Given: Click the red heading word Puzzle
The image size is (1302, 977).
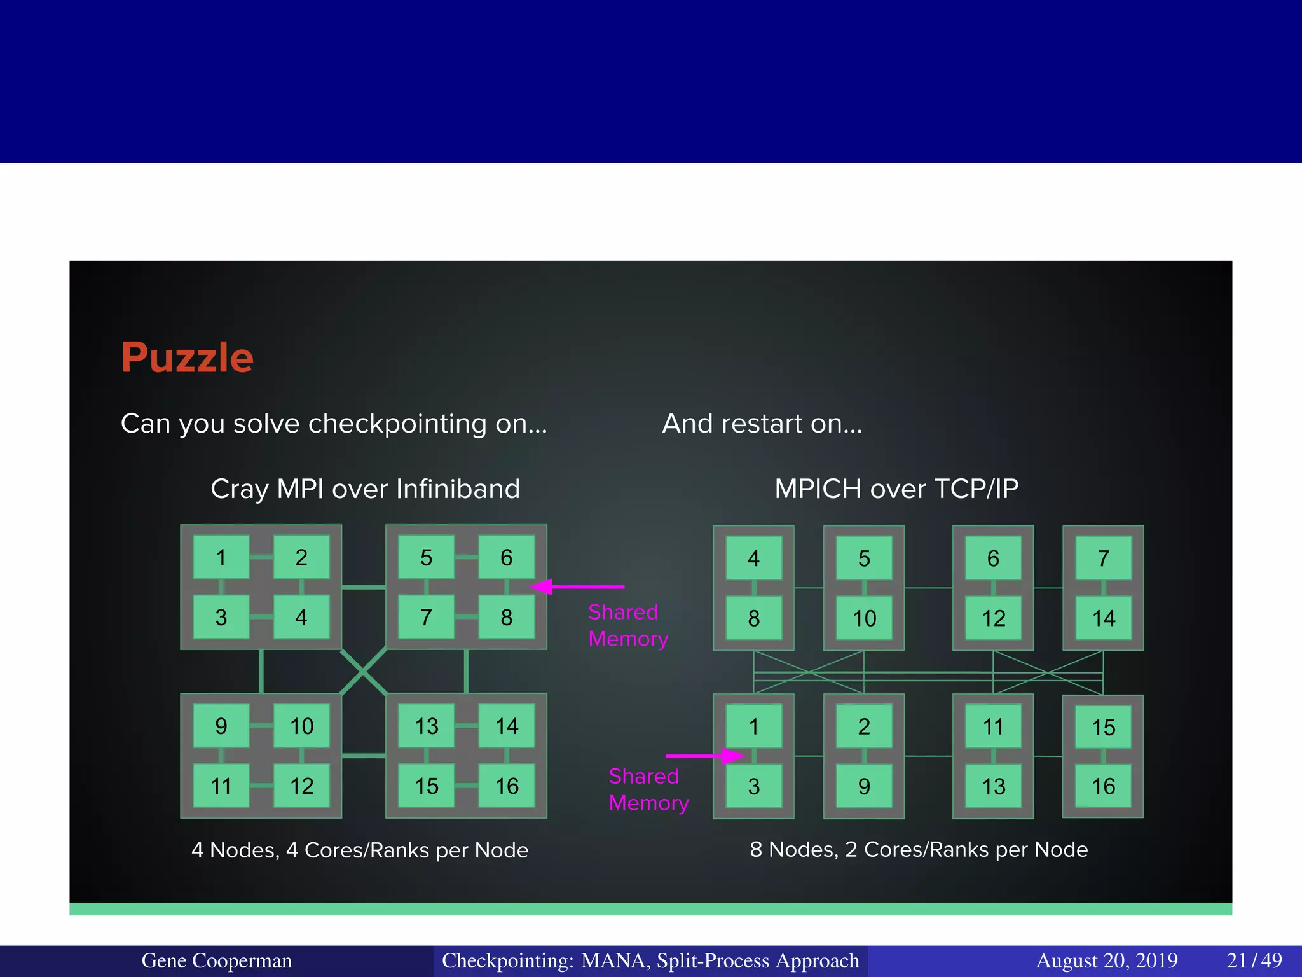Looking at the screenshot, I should click(187, 357).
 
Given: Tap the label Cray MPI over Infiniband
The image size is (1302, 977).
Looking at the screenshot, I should click(365, 488).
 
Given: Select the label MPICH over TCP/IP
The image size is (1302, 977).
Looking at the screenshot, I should click(896, 488).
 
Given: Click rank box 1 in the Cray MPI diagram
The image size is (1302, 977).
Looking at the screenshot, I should click(221, 557).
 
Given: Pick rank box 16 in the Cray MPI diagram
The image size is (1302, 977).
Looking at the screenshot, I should click(507, 786).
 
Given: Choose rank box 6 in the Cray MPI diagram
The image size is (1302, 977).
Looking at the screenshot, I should click(506, 557).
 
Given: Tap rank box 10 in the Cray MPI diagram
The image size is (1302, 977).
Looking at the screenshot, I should click(301, 726).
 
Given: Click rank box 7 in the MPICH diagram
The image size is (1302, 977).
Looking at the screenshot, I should click(1103, 558).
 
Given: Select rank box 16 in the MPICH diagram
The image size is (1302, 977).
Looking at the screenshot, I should click(1103, 786).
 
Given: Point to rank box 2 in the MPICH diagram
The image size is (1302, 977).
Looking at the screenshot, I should click(863, 726).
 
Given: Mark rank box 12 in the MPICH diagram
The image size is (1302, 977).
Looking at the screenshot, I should click(993, 618).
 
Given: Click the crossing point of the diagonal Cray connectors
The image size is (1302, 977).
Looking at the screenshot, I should click(364, 671).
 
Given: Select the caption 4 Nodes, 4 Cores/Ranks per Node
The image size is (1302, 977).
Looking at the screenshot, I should click(360, 850).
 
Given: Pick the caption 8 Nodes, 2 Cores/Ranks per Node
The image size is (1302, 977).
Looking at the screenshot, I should click(919, 849).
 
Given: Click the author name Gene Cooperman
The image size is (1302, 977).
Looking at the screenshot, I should click(217, 960).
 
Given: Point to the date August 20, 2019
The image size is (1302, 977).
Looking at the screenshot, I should click(1107, 960).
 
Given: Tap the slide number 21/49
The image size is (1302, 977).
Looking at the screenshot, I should click(1254, 960).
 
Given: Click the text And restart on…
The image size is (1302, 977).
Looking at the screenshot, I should click(762, 424).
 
